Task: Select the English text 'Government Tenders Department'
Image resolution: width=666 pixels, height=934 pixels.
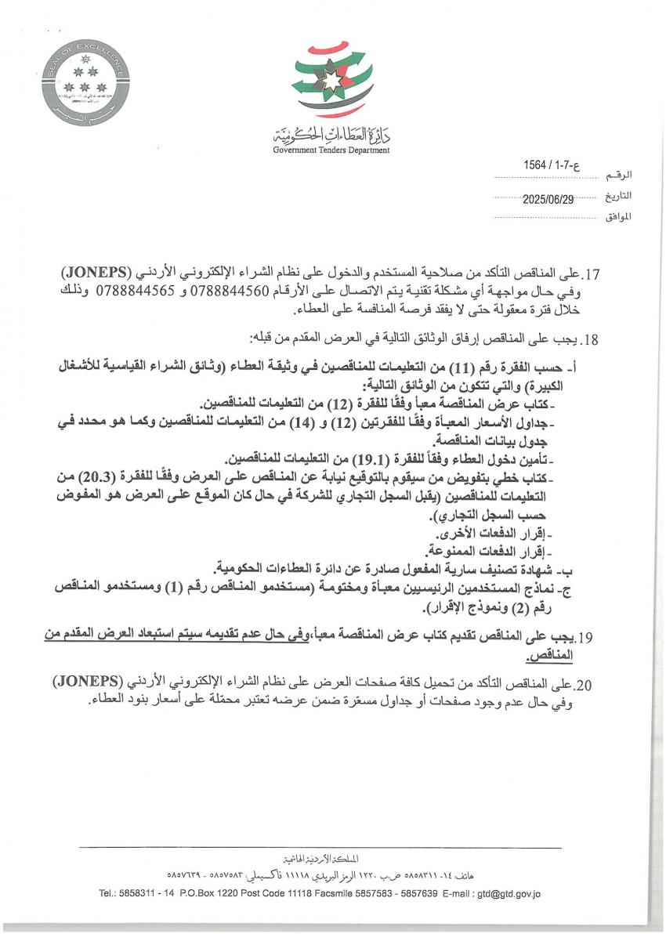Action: click(331, 150)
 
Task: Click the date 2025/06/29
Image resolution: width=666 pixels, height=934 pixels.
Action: click(548, 199)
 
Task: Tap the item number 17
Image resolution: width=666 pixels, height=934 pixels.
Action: click(588, 276)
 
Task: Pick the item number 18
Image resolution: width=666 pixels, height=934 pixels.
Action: click(588, 340)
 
